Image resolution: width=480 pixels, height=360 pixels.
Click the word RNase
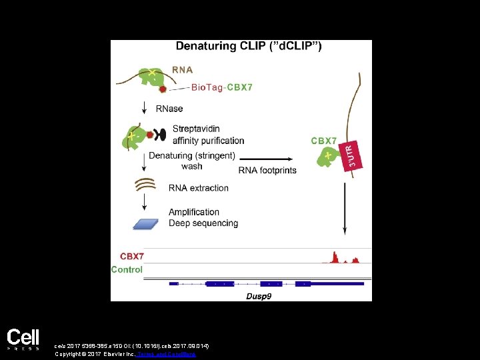click(169, 109)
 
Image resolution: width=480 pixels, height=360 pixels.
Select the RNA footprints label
click(267, 170)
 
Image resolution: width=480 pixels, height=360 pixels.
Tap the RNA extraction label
click(199, 188)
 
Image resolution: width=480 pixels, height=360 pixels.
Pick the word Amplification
click(194, 212)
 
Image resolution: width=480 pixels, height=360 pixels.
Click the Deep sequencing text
click(203, 223)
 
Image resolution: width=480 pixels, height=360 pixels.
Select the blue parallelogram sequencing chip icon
click(149, 224)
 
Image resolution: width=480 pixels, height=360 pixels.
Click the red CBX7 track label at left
click(131, 256)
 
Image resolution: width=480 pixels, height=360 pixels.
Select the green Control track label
click(127, 270)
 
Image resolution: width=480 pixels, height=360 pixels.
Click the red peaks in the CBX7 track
click(335, 257)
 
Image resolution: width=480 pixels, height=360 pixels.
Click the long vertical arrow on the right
click(344, 207)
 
